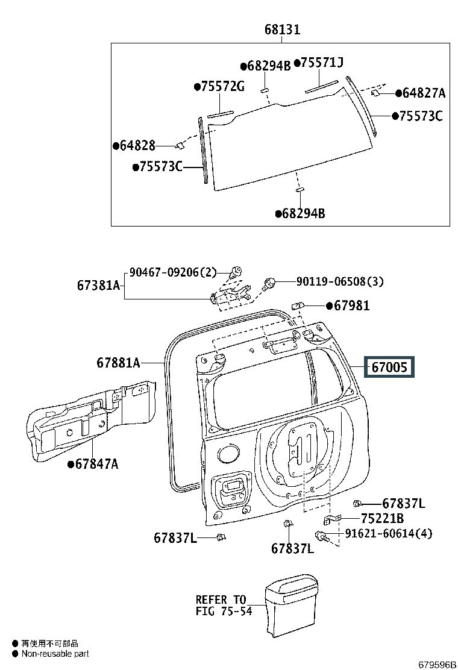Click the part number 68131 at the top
[282, 30]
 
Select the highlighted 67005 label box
[389, 366]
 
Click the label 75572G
[219, 87]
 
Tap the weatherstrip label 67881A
[118, 363]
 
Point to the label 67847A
[95, 463]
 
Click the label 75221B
[382, 518]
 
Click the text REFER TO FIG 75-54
[221, 606]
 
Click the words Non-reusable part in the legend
[55, 653]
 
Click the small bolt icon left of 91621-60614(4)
[321, 535]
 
